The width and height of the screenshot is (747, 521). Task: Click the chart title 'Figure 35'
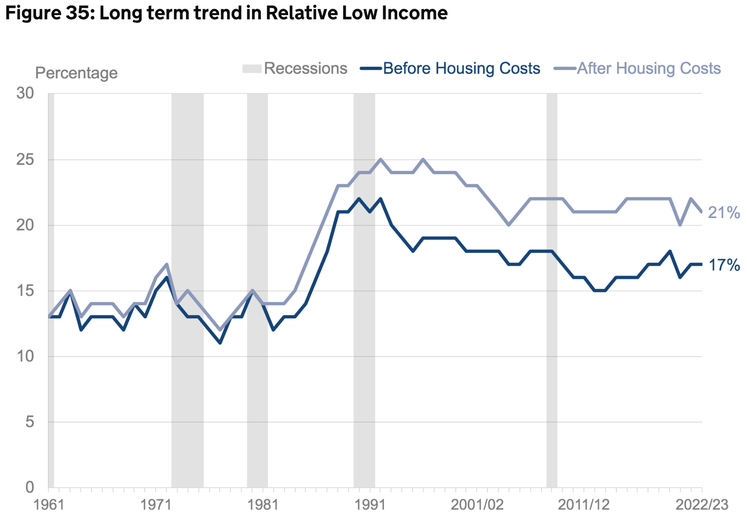pyautogui.click(x=226, y=13)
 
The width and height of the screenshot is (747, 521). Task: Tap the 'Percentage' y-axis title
pyautogui.click(x=76, y=73)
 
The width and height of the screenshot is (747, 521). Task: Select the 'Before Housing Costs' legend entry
pyautogui.click(x=461, y=69)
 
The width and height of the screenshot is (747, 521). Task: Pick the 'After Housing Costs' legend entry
pyautogui.click(x=648, y=69)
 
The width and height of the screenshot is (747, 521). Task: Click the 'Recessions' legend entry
pyautogui.click(x=305, y=69)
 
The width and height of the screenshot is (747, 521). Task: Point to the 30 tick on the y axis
pyautogui.click(x=25, y=93)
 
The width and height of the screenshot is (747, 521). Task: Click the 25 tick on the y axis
pyautogui.click(x=25, y=160)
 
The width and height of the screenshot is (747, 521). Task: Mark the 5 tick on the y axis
pyautogui.click(x=29, y=422)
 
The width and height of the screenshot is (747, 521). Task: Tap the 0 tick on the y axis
pyautogui.click(x=29, y=487)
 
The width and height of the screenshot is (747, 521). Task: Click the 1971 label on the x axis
pyautogui.click(x=156, y=505)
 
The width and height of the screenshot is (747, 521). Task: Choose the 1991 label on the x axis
pyautogui.click(x=370, y=505)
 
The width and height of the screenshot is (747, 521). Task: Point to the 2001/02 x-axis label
pyautogui.click(x=477, y=505)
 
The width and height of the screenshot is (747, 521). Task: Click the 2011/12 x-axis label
pyautogui.click(x=584, y=505)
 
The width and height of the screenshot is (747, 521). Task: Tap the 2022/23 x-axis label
pyautogui.click(x=702, y=505)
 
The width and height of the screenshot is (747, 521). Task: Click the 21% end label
pyautogui.click(x=724, y=213)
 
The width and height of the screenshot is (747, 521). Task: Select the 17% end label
pyautogui.click(x=724, y=265)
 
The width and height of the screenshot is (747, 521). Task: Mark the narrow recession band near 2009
pyautogui.click(x=552, y=290)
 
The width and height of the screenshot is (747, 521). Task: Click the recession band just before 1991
pyautogui.click(x=364, y=290)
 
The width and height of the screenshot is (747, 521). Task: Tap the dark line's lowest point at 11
pyautogui.click(x=220, y=342)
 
